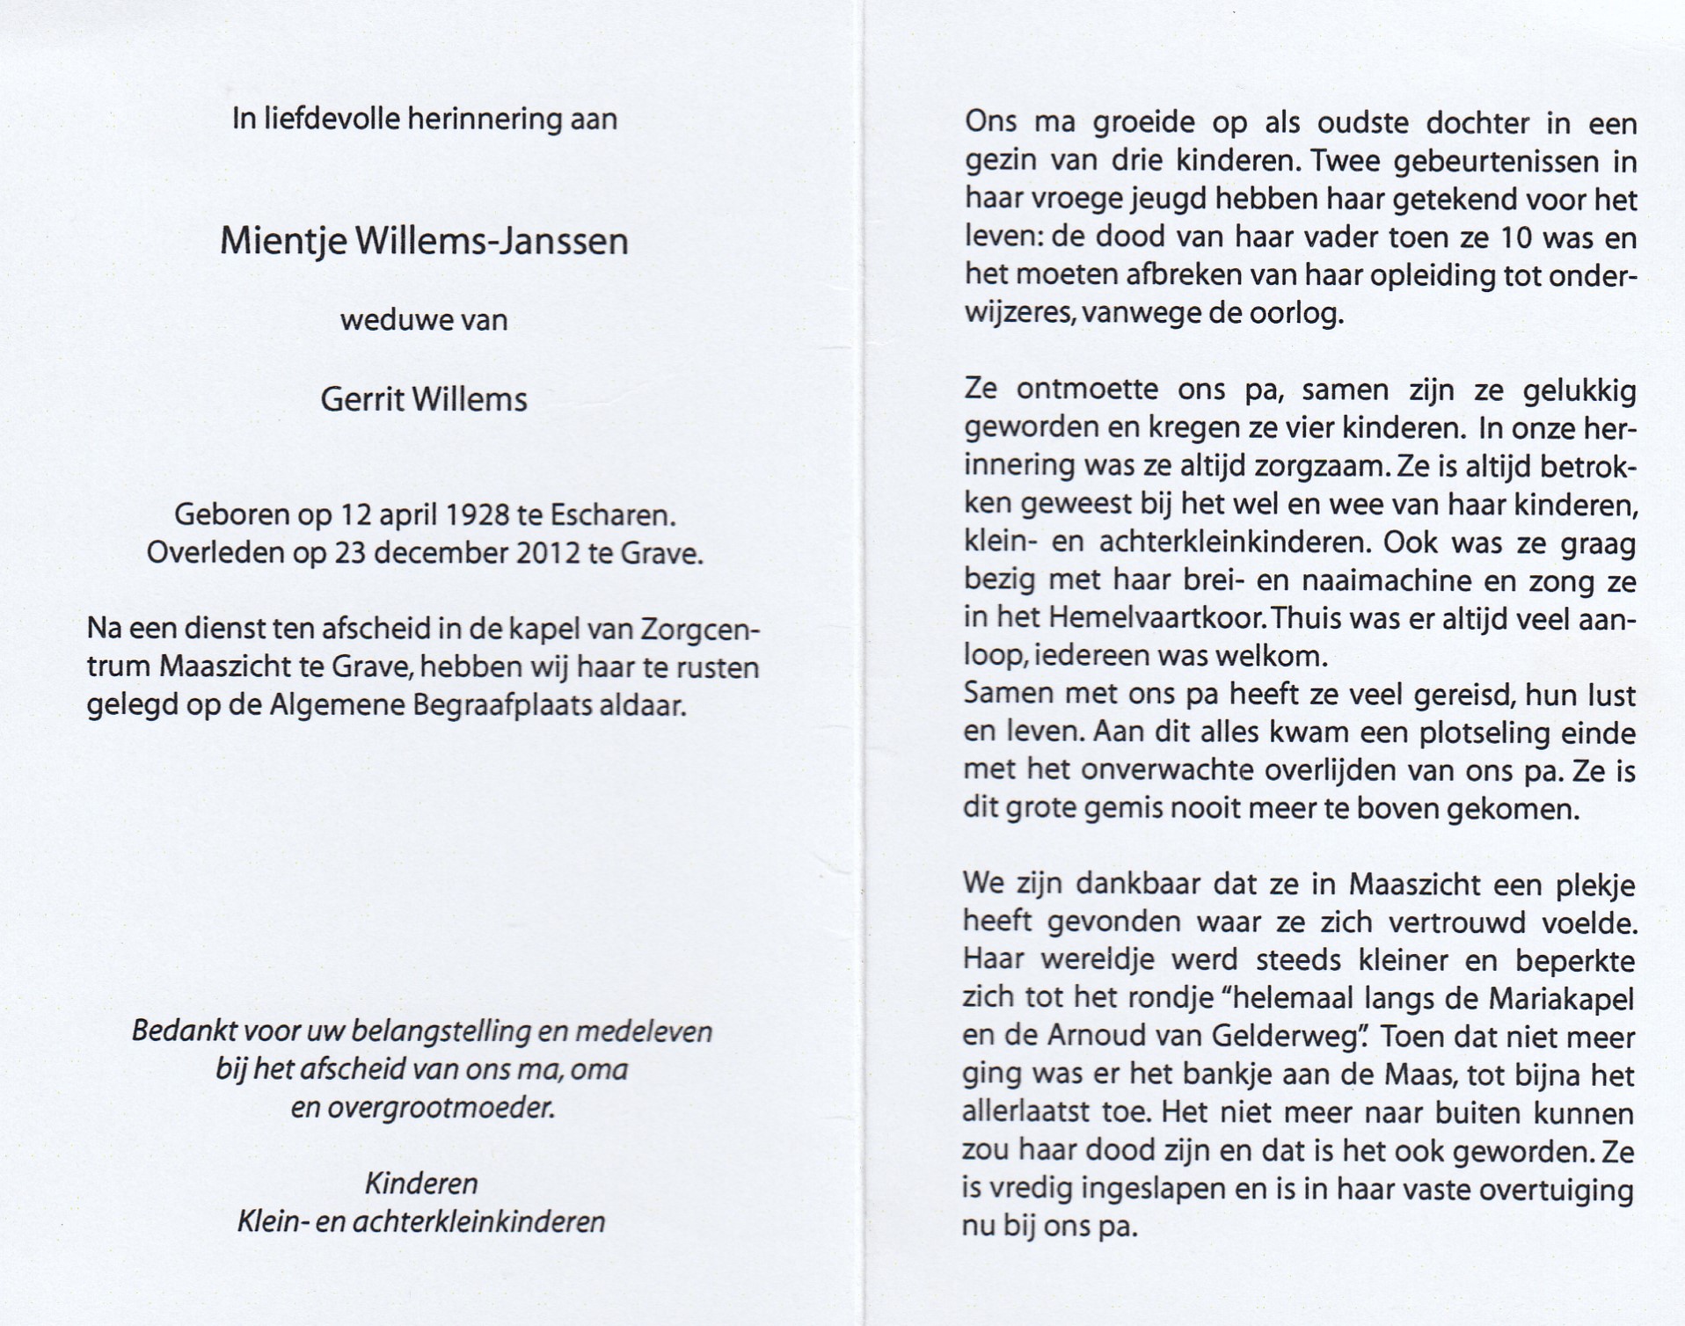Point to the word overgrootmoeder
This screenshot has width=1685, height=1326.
423,1108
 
